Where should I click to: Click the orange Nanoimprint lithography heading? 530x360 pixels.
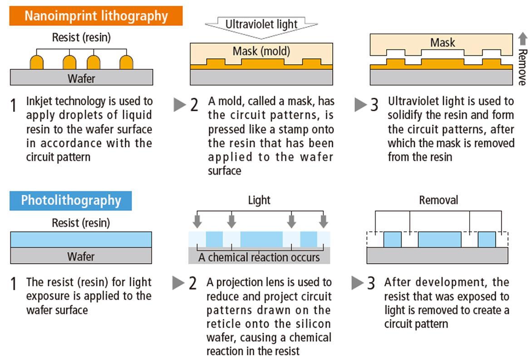96,16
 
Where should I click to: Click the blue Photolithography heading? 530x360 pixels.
71,200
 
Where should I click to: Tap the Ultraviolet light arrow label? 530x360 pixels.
261,24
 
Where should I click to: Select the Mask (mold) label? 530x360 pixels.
261,51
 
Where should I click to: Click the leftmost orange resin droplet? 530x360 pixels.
37,62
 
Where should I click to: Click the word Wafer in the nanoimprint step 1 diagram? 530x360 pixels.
81,78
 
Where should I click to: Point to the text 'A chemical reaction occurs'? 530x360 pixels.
259,258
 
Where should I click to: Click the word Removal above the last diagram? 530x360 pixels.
438,200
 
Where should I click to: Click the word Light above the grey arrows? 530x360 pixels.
259,200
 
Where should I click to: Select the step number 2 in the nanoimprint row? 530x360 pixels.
194,105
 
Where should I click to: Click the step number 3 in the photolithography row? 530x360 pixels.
371,283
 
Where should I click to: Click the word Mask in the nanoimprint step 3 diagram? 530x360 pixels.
442,43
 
